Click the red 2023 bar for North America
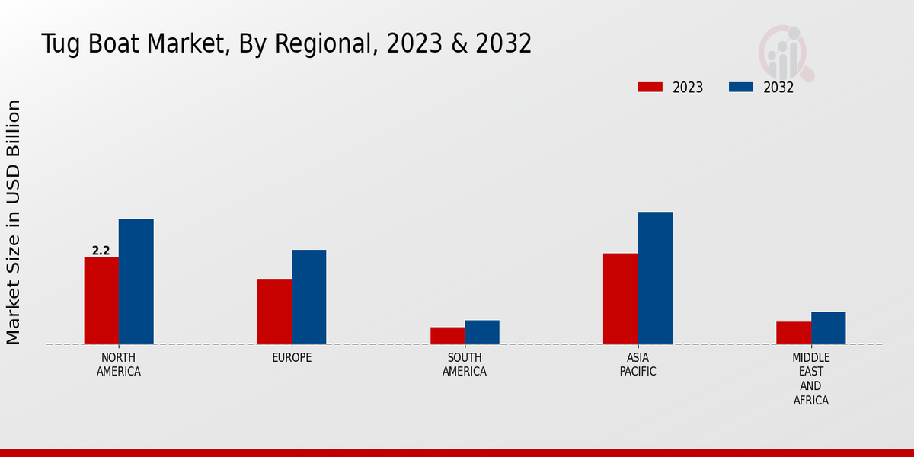[101, 300]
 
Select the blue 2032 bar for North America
[136, 281]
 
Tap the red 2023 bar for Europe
[274, 312]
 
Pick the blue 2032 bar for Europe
[308, 297]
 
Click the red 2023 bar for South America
[447, 335]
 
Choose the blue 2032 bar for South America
[482, 332]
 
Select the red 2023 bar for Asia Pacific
[620, 299]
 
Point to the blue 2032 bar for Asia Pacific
[655, 278]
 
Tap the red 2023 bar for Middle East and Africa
[794, 333]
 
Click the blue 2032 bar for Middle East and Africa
[828, 328]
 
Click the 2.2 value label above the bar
[101, 251]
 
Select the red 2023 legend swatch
[650, 87]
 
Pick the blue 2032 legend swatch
[740, 87]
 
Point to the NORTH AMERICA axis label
[119, 365]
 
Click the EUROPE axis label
[292, 358]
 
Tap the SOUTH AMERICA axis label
[465, 365]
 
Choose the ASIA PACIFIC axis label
[638, 365]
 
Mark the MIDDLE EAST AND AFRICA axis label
[811, 379]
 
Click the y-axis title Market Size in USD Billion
[14, 222]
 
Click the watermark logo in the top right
[785, 52]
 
